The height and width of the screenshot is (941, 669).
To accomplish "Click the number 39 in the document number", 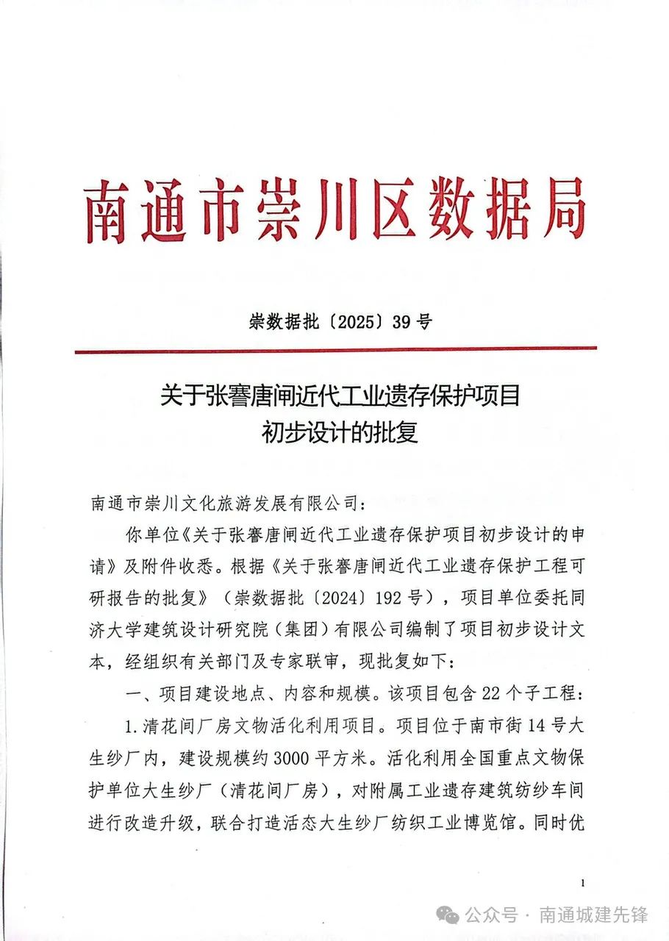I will pyautogui.click(x=400, y=321).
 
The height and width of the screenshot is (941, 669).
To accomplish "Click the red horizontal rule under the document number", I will pyautogui.click(x=335, y=350).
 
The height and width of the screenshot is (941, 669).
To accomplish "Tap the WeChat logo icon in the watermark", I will pyautogui.click(x=448, y=915).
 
